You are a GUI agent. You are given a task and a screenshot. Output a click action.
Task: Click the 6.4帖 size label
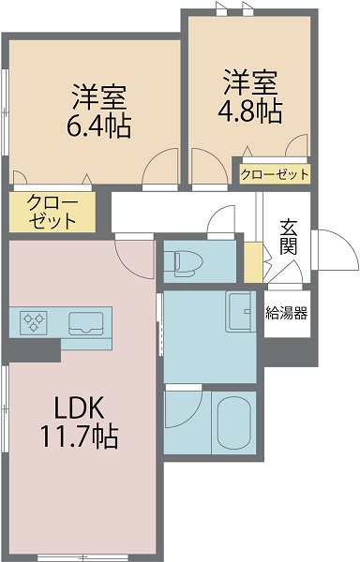coord(98,125)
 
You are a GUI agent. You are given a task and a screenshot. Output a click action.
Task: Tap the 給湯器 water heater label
coord(286,313)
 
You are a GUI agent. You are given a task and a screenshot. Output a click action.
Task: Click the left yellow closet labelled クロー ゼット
coord(52,213)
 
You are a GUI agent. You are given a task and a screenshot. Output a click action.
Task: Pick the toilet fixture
coord(181,262)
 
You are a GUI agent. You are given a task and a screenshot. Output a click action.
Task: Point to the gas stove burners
coord(35,322)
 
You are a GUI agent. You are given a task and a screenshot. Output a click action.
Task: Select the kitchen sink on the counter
coord(87,322)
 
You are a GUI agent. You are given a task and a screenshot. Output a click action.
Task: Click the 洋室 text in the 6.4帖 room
coord(98,96)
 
